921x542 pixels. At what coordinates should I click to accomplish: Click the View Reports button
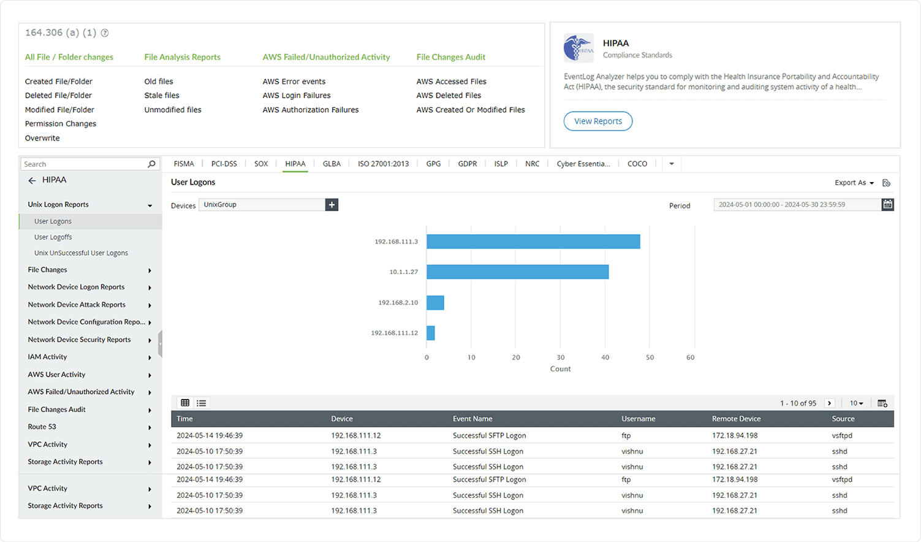(x=597, y=121)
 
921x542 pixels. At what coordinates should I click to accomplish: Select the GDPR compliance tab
(x=467, y=164)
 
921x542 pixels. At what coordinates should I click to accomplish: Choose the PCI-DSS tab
(x=224, y=164)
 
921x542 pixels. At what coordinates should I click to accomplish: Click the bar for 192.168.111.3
(x=533, y=242)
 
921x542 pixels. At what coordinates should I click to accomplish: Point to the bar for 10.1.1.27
(x=517, y=272)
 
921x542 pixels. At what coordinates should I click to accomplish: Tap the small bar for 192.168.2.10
(x=435, y=302)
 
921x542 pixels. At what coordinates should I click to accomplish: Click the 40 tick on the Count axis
(x=605, y=357)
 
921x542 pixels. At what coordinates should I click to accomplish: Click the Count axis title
(x=560, y=369)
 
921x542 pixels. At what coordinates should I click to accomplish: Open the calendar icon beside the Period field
(x=887, y=205)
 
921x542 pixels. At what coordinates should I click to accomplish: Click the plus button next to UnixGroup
(x=332, y=205)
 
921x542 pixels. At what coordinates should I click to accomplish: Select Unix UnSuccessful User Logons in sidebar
(x=81, y=253)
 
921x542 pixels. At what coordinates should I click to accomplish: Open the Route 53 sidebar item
(x=42, y=427)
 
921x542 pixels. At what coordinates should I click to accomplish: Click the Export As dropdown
(x=854, y=183)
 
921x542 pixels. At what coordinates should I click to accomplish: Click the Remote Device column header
(x=736, y=419)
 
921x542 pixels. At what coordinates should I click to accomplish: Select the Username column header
(x=638, y=419)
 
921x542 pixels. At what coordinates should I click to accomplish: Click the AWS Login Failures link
(x=297, y=96)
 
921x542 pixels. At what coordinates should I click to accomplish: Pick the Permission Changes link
(x=61, y=124)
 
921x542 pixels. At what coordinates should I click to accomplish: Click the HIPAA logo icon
(x=578, y=48)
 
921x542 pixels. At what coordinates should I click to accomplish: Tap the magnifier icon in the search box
(x=151, y=164)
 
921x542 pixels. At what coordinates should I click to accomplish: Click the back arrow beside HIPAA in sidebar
(x=32, y=180)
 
